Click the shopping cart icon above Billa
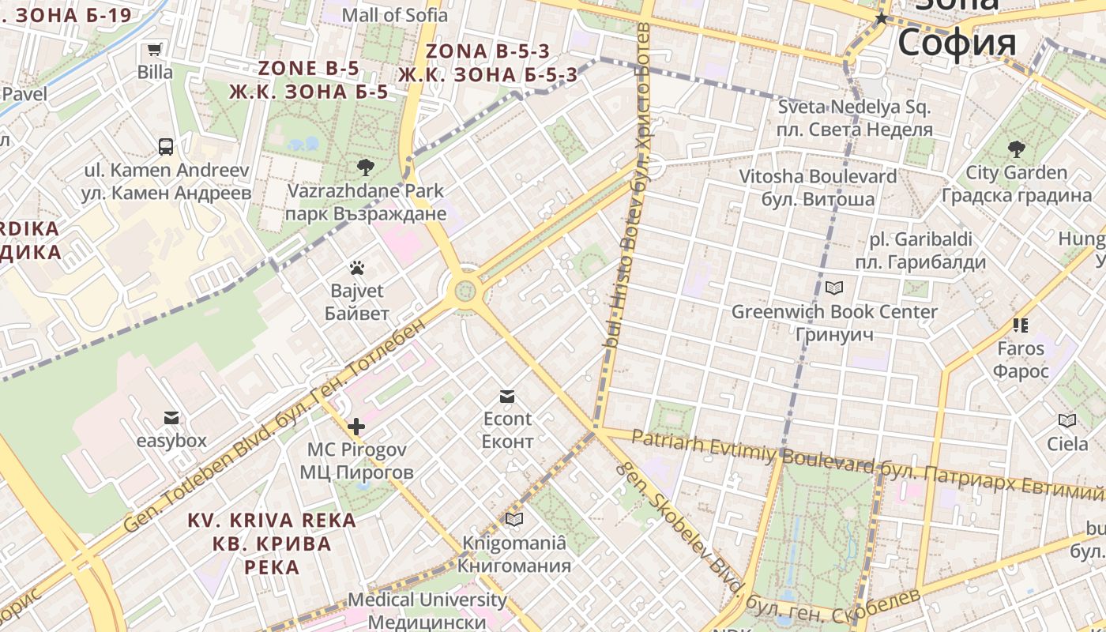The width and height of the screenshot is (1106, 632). [x=155, y=50]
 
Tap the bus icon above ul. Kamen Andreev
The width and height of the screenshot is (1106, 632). [x=166, y=146]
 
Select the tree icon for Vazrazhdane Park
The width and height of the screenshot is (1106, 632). [x=365, y=167]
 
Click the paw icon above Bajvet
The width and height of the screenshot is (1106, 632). [x=357, y=268]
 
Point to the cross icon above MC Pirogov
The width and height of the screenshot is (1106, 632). [x=356, y=427]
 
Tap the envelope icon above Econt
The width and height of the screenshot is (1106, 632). [x=507, y=396]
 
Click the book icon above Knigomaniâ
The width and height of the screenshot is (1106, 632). [x=514, y=519]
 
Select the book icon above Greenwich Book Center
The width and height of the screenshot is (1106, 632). [x=834, y=288]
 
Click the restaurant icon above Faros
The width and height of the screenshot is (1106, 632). [x=1020, y=325]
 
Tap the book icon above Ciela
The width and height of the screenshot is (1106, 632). [x=1067, y=421]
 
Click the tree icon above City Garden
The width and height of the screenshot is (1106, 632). [x=1016, y=149]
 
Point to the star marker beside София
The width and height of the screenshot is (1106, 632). [x=882, y=18]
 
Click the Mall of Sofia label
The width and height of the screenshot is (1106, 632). [x=394, y=14]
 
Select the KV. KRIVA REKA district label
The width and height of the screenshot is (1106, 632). [x=272, y=521]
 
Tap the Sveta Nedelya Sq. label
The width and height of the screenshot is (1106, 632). [x=855, y=107]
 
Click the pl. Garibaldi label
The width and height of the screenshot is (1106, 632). [x=920, y=239]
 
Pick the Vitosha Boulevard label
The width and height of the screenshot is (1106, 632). [x=818, y=176]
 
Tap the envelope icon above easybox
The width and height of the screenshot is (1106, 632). [x=171, y=418]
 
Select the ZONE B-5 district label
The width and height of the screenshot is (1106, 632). [x=309, y=68]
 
